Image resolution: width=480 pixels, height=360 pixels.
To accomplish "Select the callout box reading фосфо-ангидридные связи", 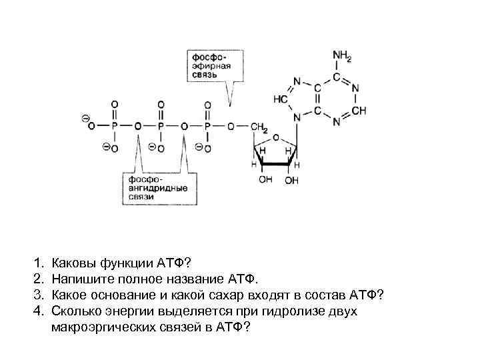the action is tap(153, 188).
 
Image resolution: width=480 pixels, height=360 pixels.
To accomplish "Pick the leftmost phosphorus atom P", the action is tap(115, 126).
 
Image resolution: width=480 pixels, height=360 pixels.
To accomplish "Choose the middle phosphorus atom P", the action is tap(161, 126).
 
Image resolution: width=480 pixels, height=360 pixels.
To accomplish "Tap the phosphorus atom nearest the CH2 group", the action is tap(207, 126).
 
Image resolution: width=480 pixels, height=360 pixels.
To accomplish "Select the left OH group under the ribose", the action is tap(266, 180).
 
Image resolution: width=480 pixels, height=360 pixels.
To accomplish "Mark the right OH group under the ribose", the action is tap(292, 180).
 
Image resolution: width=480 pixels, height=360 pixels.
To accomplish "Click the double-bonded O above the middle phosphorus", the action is tap(161, 105).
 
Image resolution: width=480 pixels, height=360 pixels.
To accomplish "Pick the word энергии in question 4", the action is tap(126, 311).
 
